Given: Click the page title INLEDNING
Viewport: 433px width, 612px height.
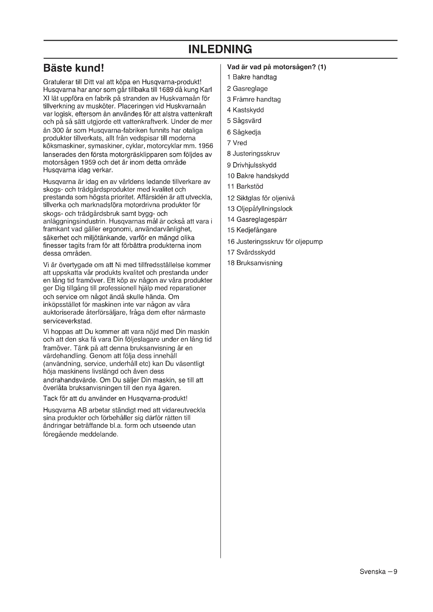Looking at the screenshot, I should pyautogui.click(x=220, y=49).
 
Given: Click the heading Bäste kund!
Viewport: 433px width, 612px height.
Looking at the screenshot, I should pyautogui.click(x=73, y=68).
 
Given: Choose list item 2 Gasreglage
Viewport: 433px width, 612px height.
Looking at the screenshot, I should pyautogui.click(x=247, y=89).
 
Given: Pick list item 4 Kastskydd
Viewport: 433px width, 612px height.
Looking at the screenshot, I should pyautogui.click(x=245, y=110).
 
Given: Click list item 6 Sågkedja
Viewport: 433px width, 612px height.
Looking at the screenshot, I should pyautogui.click(x=244, y=132).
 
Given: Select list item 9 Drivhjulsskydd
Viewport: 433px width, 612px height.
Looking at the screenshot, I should pyautogui.click(x=251, y=165).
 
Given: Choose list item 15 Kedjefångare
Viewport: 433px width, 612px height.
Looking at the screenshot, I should pyautogui.click(x=252, y=230).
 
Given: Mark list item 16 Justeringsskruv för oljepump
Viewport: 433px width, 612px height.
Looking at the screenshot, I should pyautogui.click(x=275, y=242).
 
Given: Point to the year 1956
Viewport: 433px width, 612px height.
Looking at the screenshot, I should pyautogui.click(x=206, y=146).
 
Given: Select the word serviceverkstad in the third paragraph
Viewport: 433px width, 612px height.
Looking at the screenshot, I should pyautogui.click(x=68, y=321).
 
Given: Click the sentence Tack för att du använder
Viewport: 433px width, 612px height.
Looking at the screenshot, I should pyautogui.click(x=115, y=398).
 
